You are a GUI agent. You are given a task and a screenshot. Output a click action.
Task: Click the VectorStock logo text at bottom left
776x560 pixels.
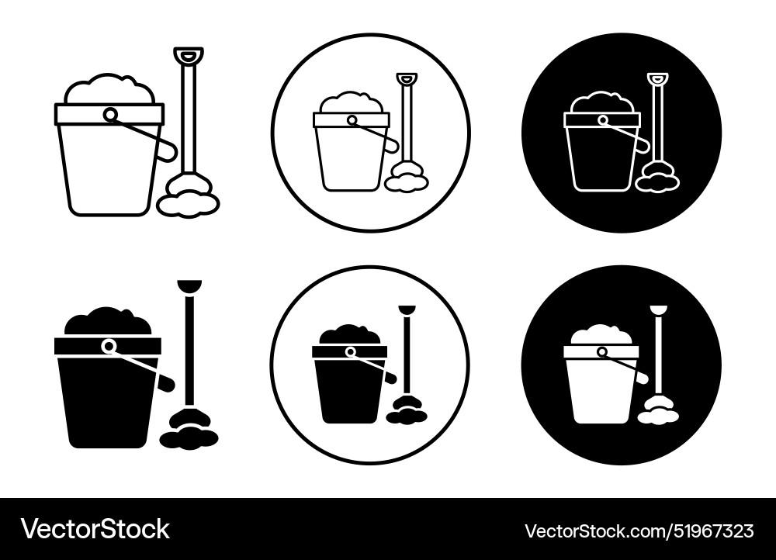pos(95,530)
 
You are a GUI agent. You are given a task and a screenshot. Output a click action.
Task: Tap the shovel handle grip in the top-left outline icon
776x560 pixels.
pos(189,56)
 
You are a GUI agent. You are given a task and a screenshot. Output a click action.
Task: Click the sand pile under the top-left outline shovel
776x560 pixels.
pos(188,199)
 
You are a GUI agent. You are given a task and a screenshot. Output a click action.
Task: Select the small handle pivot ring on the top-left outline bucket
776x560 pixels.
pos(110,115)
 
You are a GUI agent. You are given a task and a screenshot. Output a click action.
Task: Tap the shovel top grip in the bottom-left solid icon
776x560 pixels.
pos(189,285)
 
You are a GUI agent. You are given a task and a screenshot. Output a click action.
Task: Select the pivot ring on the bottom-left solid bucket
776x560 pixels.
pos(109,346)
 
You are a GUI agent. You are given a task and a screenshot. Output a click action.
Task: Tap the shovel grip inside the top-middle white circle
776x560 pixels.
pos(407,78)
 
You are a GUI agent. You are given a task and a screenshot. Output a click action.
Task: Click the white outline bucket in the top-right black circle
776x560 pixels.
pos(601,155)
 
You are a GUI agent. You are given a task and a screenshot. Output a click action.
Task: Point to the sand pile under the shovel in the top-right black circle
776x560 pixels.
pos(657,179)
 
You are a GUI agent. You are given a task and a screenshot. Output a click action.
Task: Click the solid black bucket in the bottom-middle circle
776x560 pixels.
pos(348,388)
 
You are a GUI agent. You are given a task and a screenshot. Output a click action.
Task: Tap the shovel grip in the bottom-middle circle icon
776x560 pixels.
pos(407,309)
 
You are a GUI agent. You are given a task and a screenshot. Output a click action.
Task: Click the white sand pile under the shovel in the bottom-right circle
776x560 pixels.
pos(657,413)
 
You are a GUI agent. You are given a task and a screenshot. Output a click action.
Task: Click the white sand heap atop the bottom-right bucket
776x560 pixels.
pos(601,335)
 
